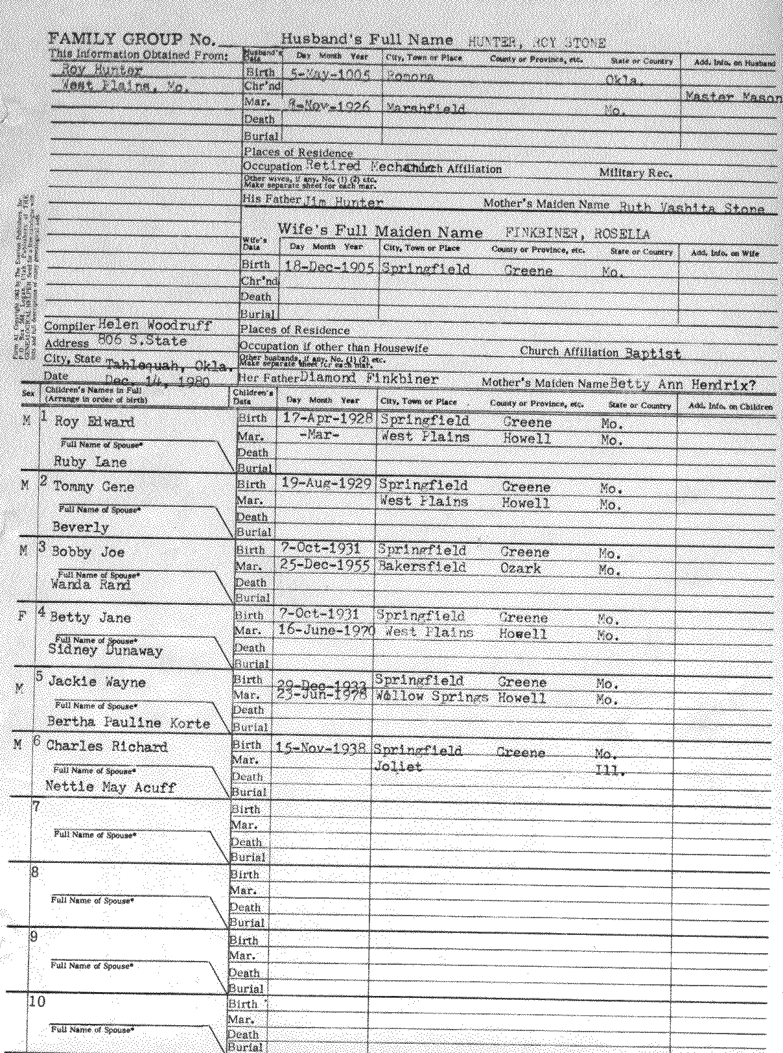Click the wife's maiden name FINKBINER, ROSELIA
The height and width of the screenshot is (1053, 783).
click(x=576, y=234)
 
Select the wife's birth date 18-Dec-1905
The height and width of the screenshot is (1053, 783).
click(x=330, y=268)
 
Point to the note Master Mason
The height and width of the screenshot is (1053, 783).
click(x=733, y=97)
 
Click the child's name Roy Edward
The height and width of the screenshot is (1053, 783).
click(x=94, y=421)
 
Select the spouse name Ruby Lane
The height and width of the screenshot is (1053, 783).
click(x=90, y=462)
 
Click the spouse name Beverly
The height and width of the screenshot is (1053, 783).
click(x=80, y=526)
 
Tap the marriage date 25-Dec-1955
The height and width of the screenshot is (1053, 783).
click(x=326, y=565)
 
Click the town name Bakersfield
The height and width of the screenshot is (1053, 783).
click(x=422, y=567)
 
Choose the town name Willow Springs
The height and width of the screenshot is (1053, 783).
click(x=431, y=698)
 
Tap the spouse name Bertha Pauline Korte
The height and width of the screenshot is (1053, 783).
click(x=128, y=722)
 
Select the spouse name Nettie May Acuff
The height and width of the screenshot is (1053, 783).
click(x=110, y=787)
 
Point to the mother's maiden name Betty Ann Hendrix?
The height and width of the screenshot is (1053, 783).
click(x=682, y=385)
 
